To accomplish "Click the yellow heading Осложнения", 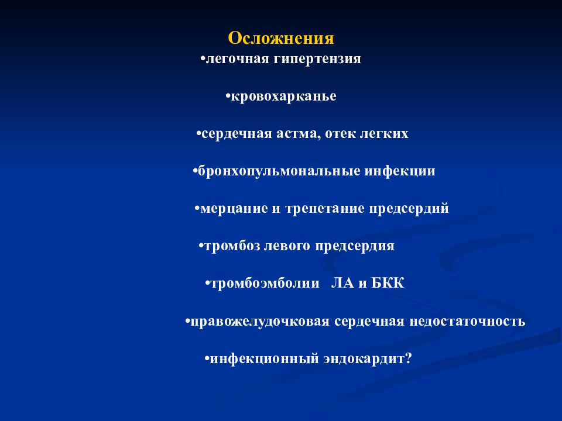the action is click(x=281, y=39).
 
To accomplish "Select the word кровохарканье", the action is click(x=283, y=96).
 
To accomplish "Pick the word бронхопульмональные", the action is click(x=277, y=171).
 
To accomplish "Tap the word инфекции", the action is click(x=401, y=171).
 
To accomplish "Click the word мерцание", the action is click(x=234, y=209).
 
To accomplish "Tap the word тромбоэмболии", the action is click(x=265, y=284).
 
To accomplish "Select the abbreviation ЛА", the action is click(x=341, y=284).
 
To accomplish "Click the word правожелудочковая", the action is click(x=259, y=322).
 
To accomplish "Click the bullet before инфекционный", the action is click(x=207, y=357).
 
